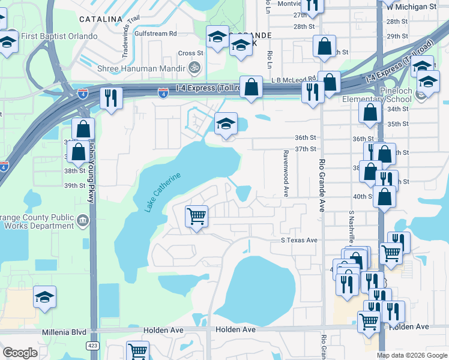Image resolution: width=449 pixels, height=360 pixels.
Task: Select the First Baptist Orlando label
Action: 59,36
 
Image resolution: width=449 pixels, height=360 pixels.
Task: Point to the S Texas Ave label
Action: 299,240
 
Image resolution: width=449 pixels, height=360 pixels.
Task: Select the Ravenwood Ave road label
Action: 286,173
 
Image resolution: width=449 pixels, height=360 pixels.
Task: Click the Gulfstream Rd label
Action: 156,34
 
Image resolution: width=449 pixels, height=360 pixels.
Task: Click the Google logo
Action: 20,353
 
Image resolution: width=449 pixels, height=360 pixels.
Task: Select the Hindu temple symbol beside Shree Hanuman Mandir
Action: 193,67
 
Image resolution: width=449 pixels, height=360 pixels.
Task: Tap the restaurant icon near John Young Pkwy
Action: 110,98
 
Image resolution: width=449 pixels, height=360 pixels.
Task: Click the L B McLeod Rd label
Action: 294,79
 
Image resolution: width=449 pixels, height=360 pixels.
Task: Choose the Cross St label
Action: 191,53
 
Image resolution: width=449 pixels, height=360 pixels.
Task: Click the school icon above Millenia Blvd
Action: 44,298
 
